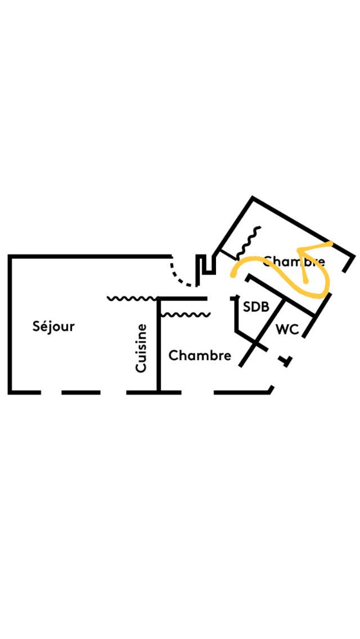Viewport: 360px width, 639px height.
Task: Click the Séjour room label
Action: click(53, 326)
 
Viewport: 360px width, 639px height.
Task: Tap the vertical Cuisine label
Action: click(141, 348)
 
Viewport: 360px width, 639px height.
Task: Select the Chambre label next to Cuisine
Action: click(200, 355)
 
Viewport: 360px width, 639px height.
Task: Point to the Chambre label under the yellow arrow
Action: click(294, 262)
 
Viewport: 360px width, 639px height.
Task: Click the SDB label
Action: click(256, 307)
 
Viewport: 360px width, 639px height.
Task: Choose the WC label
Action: click(287, 330)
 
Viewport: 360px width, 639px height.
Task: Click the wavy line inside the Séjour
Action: click(132, 298)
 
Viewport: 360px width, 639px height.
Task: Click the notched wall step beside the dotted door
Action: click(206, 265)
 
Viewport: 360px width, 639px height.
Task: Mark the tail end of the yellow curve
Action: click(232, 276)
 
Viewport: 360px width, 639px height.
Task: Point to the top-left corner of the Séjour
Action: click(10, 257)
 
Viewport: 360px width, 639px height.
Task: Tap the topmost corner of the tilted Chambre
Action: click(253, 199)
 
